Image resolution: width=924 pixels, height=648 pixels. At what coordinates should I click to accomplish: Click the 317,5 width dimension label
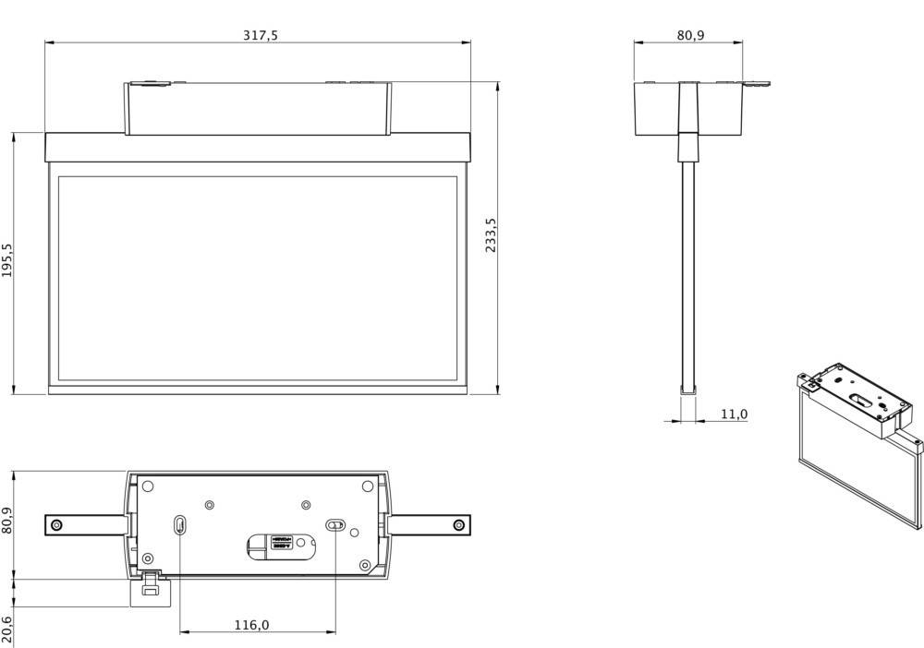point(260,35)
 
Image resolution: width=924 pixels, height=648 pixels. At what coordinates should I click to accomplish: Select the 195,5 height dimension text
point(8,261)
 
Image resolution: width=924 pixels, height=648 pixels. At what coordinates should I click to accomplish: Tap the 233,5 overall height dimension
point(492,236)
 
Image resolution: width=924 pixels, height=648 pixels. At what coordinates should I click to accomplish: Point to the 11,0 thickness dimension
point(733,414)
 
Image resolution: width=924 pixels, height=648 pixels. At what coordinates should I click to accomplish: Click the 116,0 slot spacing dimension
point(251,625)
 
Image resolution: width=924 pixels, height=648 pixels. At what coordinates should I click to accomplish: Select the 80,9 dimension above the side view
point(690,35)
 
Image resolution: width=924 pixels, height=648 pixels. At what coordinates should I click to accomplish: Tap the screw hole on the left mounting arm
point(57,525)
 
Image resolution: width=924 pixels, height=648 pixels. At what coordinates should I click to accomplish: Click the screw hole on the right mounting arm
point(458,525)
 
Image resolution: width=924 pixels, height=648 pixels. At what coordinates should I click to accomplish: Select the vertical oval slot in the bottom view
point(179,525)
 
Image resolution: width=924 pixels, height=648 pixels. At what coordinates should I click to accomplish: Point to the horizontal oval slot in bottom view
point(335,525)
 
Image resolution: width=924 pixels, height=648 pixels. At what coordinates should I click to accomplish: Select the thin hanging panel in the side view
point(688,277)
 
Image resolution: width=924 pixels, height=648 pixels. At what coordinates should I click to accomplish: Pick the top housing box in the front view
point(258,108)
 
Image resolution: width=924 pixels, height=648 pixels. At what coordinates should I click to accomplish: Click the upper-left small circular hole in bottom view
point(210,505)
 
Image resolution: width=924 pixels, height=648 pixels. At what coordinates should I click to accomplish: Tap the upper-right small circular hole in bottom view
point(307,505)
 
